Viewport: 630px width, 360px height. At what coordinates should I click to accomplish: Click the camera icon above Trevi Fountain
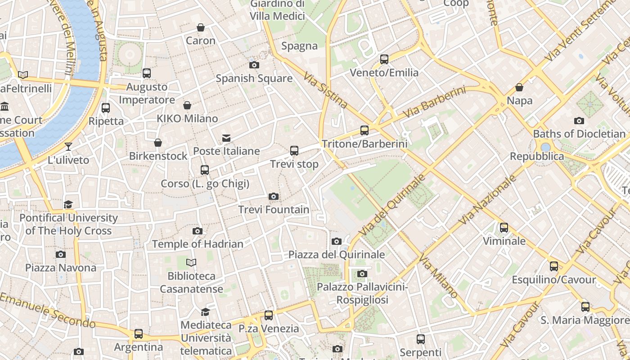(273, 197)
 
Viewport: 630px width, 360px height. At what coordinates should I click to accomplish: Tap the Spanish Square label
(254, 78)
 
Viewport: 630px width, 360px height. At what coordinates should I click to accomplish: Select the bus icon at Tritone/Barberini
(364, 130)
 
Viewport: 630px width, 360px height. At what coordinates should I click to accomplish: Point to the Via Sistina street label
(325, 91)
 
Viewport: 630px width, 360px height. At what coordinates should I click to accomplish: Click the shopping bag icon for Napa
(519, 87)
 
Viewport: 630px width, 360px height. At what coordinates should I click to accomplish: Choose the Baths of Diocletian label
(579, 134)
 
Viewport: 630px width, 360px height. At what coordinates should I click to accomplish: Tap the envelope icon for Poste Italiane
(226, 138)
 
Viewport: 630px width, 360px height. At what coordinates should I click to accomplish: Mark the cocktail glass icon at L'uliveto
(68, 147)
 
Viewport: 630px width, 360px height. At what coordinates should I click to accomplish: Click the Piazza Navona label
(61, 268)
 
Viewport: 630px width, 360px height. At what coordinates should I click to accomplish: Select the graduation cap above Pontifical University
(68, 205)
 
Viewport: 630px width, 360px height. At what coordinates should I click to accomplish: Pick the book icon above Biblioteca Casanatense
(191, 263)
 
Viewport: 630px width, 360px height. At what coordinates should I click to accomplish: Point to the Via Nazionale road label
(488, 200)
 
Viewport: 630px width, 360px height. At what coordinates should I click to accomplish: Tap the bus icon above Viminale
(504, 228)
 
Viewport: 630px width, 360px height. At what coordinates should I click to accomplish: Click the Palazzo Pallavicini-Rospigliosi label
(362, 293)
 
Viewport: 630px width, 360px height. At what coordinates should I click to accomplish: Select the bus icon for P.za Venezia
(269, 315)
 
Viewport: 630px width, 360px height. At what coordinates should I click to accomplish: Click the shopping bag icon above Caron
(201, 28)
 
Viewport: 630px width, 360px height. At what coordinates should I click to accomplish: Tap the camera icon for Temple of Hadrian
(197, 231)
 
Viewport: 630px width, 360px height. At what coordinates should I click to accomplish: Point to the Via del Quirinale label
(392, 205)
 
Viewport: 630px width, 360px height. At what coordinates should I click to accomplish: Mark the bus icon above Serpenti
(421, 339)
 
